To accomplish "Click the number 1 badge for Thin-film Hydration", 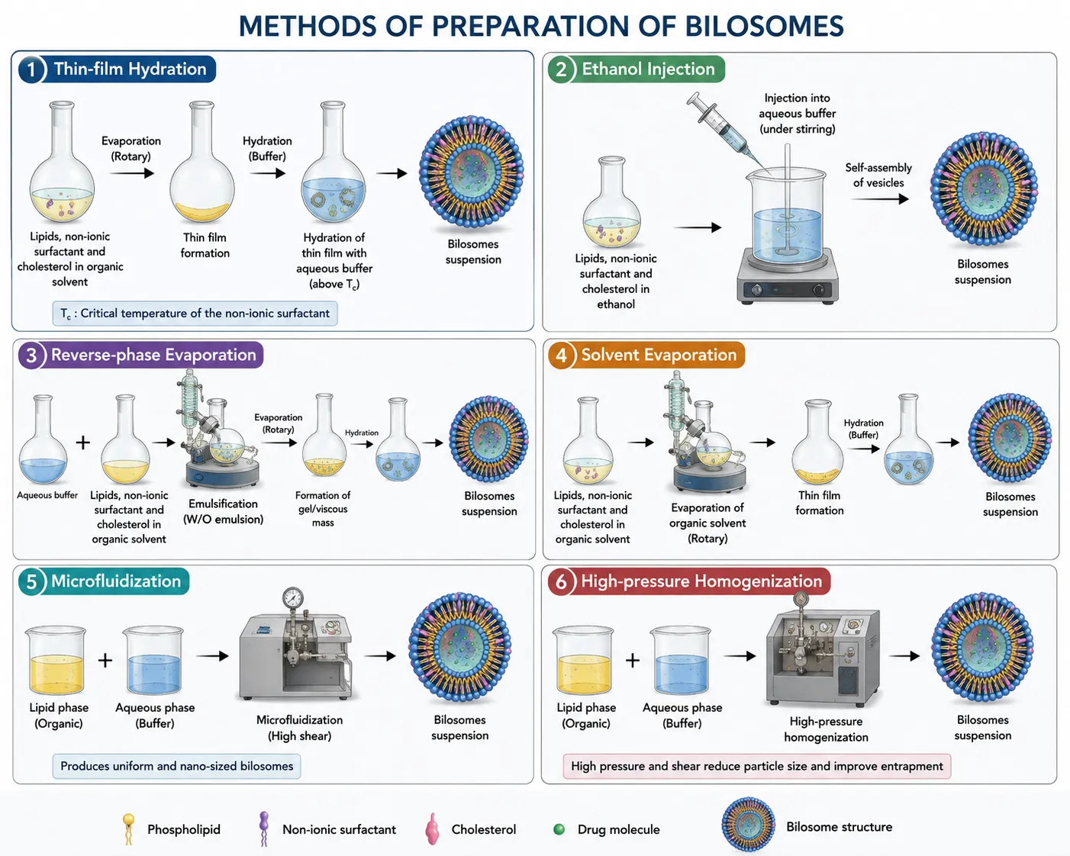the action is click(31, 69).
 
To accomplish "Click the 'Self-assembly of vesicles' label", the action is click(878, 175).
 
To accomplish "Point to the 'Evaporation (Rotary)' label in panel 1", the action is click(131, 148).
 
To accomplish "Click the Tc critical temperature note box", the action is click(195, 314).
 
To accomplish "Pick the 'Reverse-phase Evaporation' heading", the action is click(153, 355).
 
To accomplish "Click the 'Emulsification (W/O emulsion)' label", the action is click(224, 511).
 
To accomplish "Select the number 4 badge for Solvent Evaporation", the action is click(562, 356).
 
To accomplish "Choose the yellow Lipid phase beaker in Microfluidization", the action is click(56, 661).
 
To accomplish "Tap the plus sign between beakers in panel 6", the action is click(633, 661).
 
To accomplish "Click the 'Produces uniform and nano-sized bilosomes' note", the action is click(176, 766).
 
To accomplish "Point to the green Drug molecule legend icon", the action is click(559, 829).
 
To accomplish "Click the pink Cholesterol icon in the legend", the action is click(432, 829).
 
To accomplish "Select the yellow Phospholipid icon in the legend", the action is click(128, 829).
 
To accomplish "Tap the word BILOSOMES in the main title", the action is click(764, 27).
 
